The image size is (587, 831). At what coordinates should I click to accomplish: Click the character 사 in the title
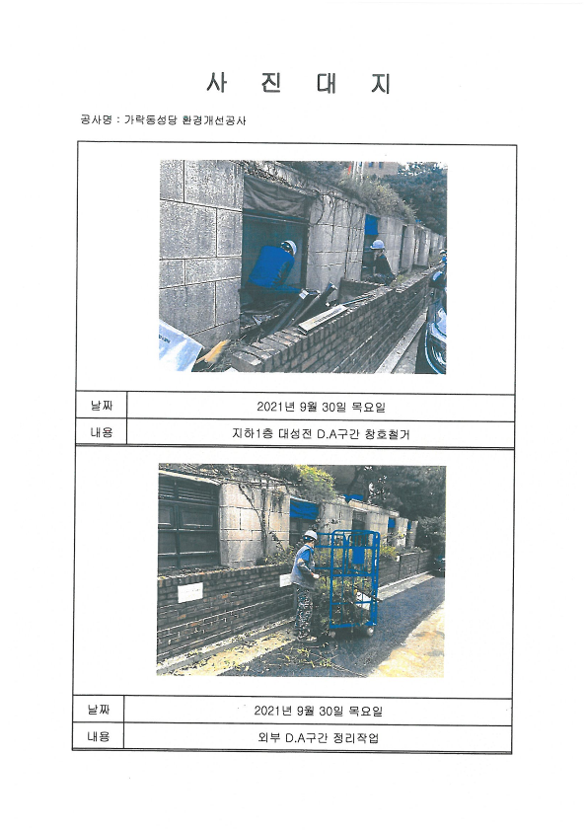[217, 83]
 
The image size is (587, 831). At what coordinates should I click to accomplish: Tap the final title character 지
[381, 84]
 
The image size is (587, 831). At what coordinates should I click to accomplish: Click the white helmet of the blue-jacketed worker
[289, 246]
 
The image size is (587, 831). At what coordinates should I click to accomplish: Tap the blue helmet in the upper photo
[377, 244]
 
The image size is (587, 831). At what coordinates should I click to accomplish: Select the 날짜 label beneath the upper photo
[102, 406]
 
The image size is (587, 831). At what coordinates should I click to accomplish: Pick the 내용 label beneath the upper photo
[102, 432]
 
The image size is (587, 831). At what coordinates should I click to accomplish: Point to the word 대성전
[295, 434]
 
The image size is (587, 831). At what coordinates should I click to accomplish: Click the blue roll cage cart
[353, 580]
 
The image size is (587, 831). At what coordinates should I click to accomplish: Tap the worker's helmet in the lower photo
[310, 535]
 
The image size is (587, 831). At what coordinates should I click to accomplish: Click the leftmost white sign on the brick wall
[189, 592]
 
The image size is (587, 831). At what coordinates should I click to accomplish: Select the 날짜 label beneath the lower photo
[99, 709]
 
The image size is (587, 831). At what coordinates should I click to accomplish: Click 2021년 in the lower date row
[273, 711]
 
